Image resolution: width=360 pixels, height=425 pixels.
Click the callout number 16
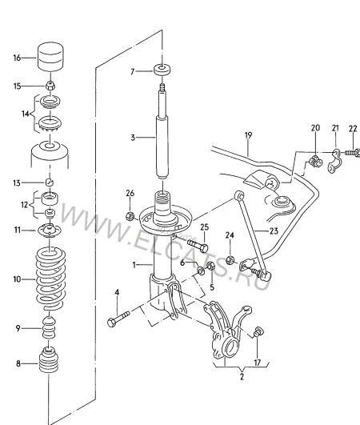pos(17,58)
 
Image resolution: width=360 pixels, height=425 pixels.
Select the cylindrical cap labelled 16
pos(50,57)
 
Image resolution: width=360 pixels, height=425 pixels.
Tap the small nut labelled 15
pos(50,86)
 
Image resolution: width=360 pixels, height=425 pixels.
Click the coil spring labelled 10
pos(50,279)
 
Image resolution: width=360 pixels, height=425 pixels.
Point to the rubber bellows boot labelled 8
pos(49,359)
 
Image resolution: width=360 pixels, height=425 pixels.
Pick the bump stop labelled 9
pos(49,327)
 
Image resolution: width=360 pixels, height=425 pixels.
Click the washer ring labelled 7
pos(162,70)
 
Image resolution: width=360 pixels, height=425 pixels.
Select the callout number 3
pos(133,138)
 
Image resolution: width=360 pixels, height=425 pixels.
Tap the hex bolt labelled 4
pos(118,319)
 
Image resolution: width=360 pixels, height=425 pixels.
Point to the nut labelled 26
pos(130,216)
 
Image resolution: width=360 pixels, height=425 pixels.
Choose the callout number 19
pos(248,135)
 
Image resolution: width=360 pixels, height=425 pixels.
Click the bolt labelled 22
pos(352,153)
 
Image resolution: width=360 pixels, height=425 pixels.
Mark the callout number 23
pos(274,231)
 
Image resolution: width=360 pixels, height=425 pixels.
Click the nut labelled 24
pos(230,260)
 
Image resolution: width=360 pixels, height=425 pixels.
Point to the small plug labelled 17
pos(258,332)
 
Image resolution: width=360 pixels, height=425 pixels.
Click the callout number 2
pos(242,376)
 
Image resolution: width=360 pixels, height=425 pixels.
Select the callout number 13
pos(17,183)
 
